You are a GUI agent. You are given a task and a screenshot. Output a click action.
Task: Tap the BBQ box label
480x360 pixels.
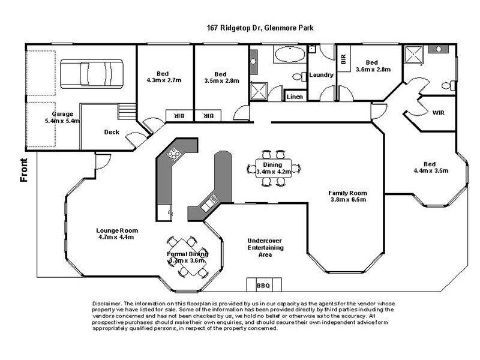pyautogui.click(x=263, y=285)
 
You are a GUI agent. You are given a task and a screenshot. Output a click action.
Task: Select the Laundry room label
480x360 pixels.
pyautogui.click(x=321, y=75)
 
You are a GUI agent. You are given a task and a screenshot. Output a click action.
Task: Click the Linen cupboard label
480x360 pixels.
pyautogui.click(x=295, y=96)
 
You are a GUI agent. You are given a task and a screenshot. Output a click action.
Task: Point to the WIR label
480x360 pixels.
pyautogui.click(x=439, y=112)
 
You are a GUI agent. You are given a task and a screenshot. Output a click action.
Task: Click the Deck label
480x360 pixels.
pyautogui.click(x=111, y=133)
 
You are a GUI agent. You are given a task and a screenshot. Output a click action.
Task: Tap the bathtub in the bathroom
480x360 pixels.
pyautogui.click(x=289, y=57)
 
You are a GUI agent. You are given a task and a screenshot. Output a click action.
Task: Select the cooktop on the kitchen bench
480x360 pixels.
pyautogui.click(x=174, y=154)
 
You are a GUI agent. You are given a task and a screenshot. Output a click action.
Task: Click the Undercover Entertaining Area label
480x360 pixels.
pyautogui.click(x=265, y=248)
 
